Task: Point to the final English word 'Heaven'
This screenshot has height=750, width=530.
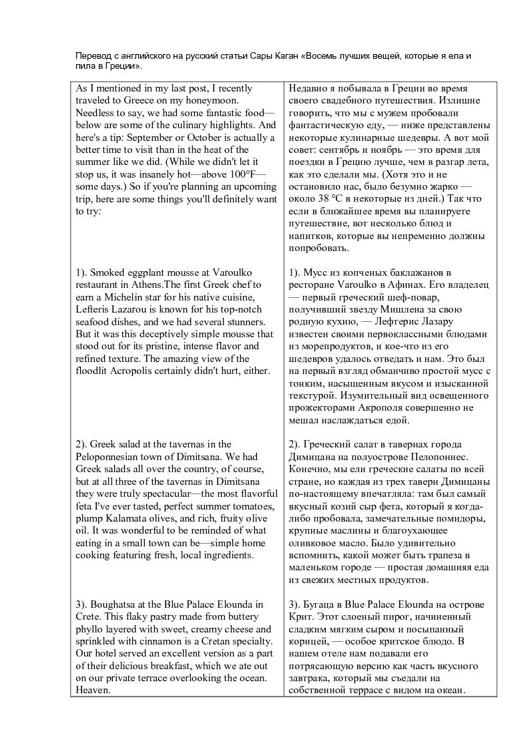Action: [x=93, y=691]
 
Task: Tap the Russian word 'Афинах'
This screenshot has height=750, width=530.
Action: [x=425, y=285]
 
